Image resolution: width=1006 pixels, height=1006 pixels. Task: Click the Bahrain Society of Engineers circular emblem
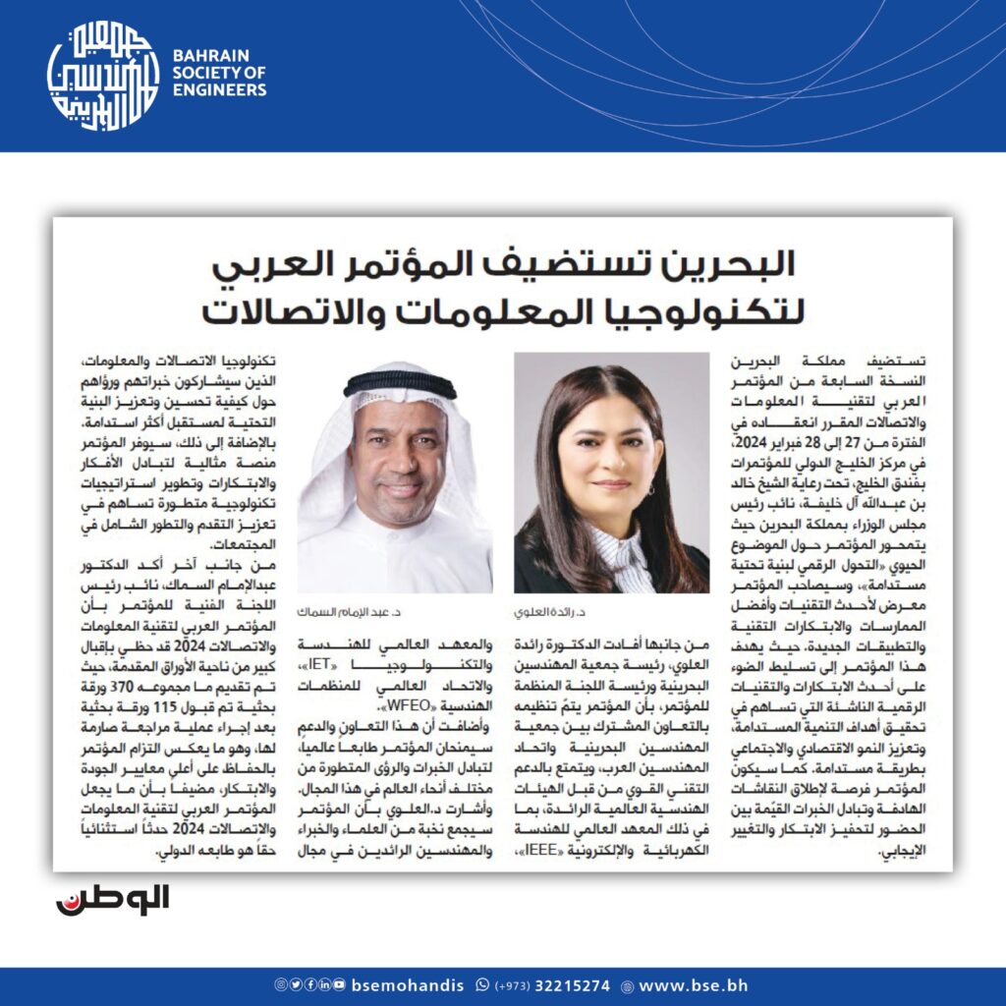click(103, 76)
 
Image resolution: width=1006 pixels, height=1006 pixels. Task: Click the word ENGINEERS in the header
click(219, 90)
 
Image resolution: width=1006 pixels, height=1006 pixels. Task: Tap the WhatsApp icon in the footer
click(481, 985)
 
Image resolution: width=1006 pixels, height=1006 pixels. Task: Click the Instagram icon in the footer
click(280, 985)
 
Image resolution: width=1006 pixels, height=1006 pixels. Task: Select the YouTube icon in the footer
click(339, 985)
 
